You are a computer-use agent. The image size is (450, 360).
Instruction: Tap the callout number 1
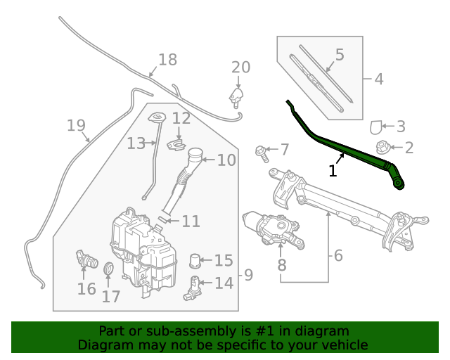333,171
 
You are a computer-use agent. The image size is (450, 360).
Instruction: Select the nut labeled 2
384,148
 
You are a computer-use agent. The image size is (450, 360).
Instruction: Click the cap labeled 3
377,127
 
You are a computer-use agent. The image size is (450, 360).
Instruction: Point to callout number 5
339,54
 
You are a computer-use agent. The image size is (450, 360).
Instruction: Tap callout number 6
338,256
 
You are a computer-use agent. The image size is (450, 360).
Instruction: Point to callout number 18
167,60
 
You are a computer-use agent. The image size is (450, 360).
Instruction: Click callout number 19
75,126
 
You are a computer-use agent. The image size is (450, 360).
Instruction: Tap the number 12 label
181,119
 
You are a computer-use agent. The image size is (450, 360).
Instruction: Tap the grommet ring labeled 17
109,269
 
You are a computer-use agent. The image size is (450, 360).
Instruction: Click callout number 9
247,275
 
